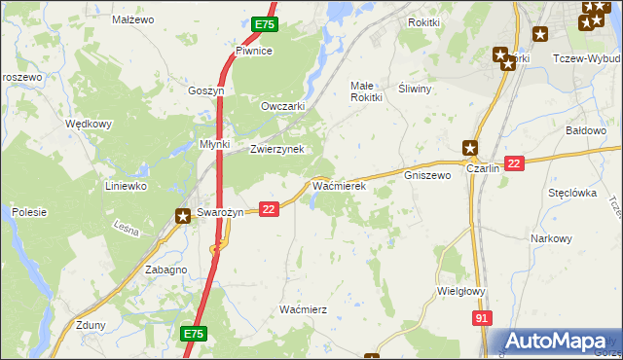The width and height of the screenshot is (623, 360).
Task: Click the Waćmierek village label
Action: click(338, 184)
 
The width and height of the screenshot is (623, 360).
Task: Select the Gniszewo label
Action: click(427, 176)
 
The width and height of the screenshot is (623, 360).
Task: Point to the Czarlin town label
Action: click(483, 168)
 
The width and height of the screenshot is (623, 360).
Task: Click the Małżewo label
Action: click(133, 19)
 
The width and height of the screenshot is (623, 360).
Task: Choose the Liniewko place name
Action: click(126, 185)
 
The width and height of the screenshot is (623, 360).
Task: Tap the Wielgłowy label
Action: click(462, 290)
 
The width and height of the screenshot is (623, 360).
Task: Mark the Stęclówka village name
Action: click(571, 193)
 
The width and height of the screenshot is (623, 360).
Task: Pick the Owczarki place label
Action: click(283, 106)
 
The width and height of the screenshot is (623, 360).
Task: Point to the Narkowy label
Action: click(552, 238)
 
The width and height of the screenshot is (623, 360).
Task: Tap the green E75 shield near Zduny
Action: click(193, 334)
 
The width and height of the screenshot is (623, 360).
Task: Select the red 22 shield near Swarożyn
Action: click(270, 208)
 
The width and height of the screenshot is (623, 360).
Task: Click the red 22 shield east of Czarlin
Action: click(515, 163)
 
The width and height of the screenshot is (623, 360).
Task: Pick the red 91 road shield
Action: click(480, 317)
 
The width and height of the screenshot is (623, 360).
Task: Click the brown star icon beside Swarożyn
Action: click(182, 217)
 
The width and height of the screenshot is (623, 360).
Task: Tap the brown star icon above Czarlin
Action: click(470, 148)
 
